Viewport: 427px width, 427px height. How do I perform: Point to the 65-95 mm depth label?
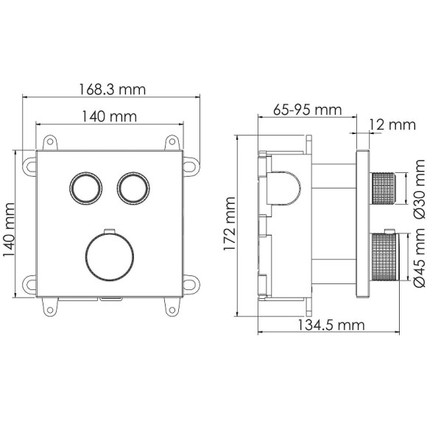307,110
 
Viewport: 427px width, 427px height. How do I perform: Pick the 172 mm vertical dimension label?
230,225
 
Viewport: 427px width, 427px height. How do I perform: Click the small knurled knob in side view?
387,190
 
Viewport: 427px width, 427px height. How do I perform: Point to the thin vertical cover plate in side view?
362,225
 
